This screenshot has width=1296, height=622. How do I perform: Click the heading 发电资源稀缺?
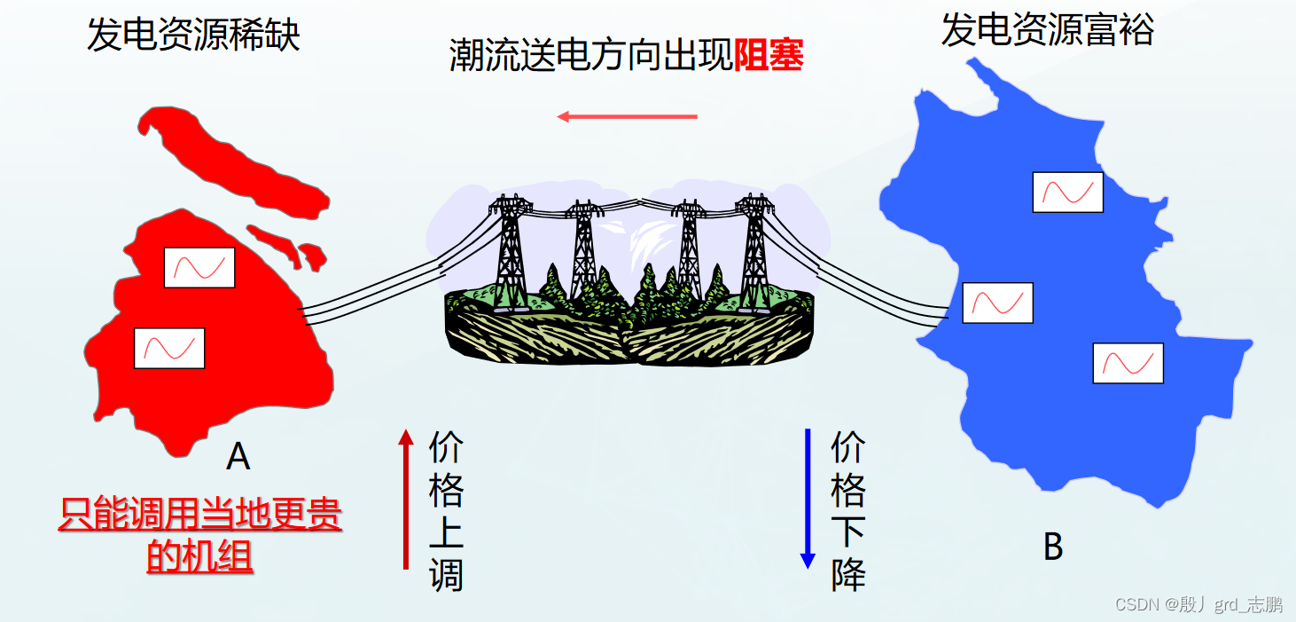pos(193,35)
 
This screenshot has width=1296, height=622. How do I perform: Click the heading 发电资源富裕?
pos(1047,30)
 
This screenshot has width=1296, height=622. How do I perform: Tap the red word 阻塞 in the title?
pos(769,57)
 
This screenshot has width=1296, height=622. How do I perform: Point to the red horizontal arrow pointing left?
pos(627,116)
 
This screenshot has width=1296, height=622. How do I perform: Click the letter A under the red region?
pos(238,456)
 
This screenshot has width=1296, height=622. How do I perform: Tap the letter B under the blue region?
pos(1052,547)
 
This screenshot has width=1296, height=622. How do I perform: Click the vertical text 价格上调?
pos(446,511)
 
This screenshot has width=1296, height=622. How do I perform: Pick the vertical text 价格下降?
pos(847,511)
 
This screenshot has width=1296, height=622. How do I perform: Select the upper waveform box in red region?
pos(199,267)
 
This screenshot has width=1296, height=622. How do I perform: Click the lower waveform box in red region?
pos(169,348)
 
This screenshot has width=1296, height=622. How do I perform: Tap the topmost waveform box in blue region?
pos(1067,192)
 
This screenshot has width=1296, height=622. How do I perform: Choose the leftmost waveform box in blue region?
pos(997,303)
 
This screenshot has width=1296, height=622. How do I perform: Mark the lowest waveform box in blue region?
pos(1128,363)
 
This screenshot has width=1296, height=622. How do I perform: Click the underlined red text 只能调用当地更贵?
pos(200,516)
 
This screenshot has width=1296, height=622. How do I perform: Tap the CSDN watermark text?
pos(1198,605)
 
